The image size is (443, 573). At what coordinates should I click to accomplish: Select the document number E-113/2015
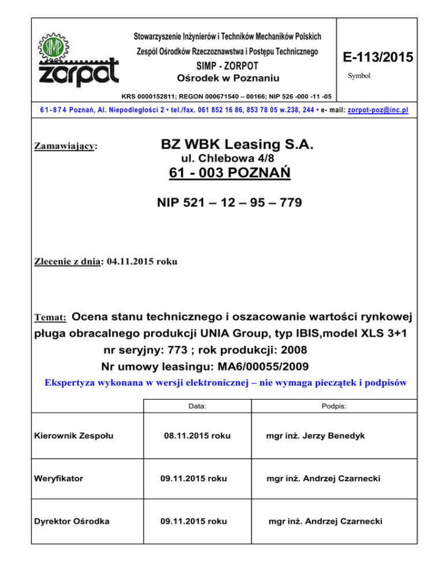(x=377, y=58)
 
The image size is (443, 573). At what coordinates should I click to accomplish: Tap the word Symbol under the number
(x=359, y=76)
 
